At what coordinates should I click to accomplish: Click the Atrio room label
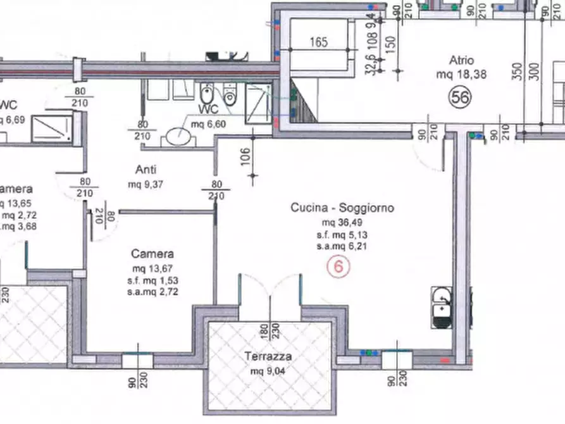[461, 61]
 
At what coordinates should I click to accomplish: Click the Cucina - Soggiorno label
[342, 208]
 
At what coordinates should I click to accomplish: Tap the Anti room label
[146, 170]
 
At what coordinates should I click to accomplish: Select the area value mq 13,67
[152, 268]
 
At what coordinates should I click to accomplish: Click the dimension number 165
[319, 43]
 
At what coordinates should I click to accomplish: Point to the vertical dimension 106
[247, 155]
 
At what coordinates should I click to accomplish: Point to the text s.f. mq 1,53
[152, 280]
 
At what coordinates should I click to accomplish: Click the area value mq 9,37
[146, 185]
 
